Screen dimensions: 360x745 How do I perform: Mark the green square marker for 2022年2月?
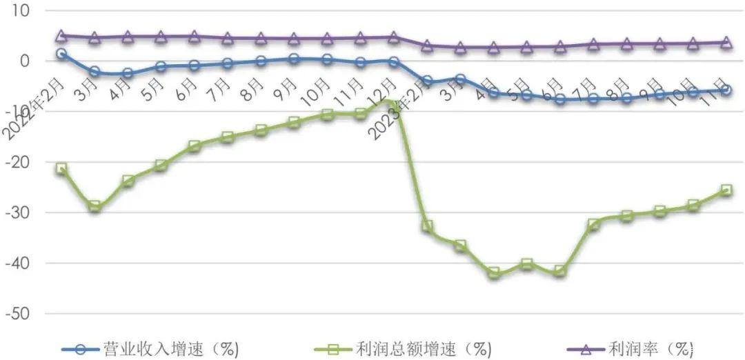[61, 168]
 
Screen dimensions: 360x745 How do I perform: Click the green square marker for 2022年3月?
[95, 206]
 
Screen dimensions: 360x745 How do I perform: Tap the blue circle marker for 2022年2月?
[61, 53]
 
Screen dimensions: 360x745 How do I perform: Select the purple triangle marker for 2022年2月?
[61, 36]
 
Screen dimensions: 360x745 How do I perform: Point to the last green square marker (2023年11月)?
[726, 190]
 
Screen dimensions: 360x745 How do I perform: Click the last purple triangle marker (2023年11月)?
[726, 42]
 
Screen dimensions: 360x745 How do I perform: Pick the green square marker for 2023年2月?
[427, 226]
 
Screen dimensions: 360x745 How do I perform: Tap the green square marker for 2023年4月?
[494, 273]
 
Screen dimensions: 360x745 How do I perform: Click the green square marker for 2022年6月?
[195, 146]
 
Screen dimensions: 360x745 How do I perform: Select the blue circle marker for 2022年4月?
[128, 73]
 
